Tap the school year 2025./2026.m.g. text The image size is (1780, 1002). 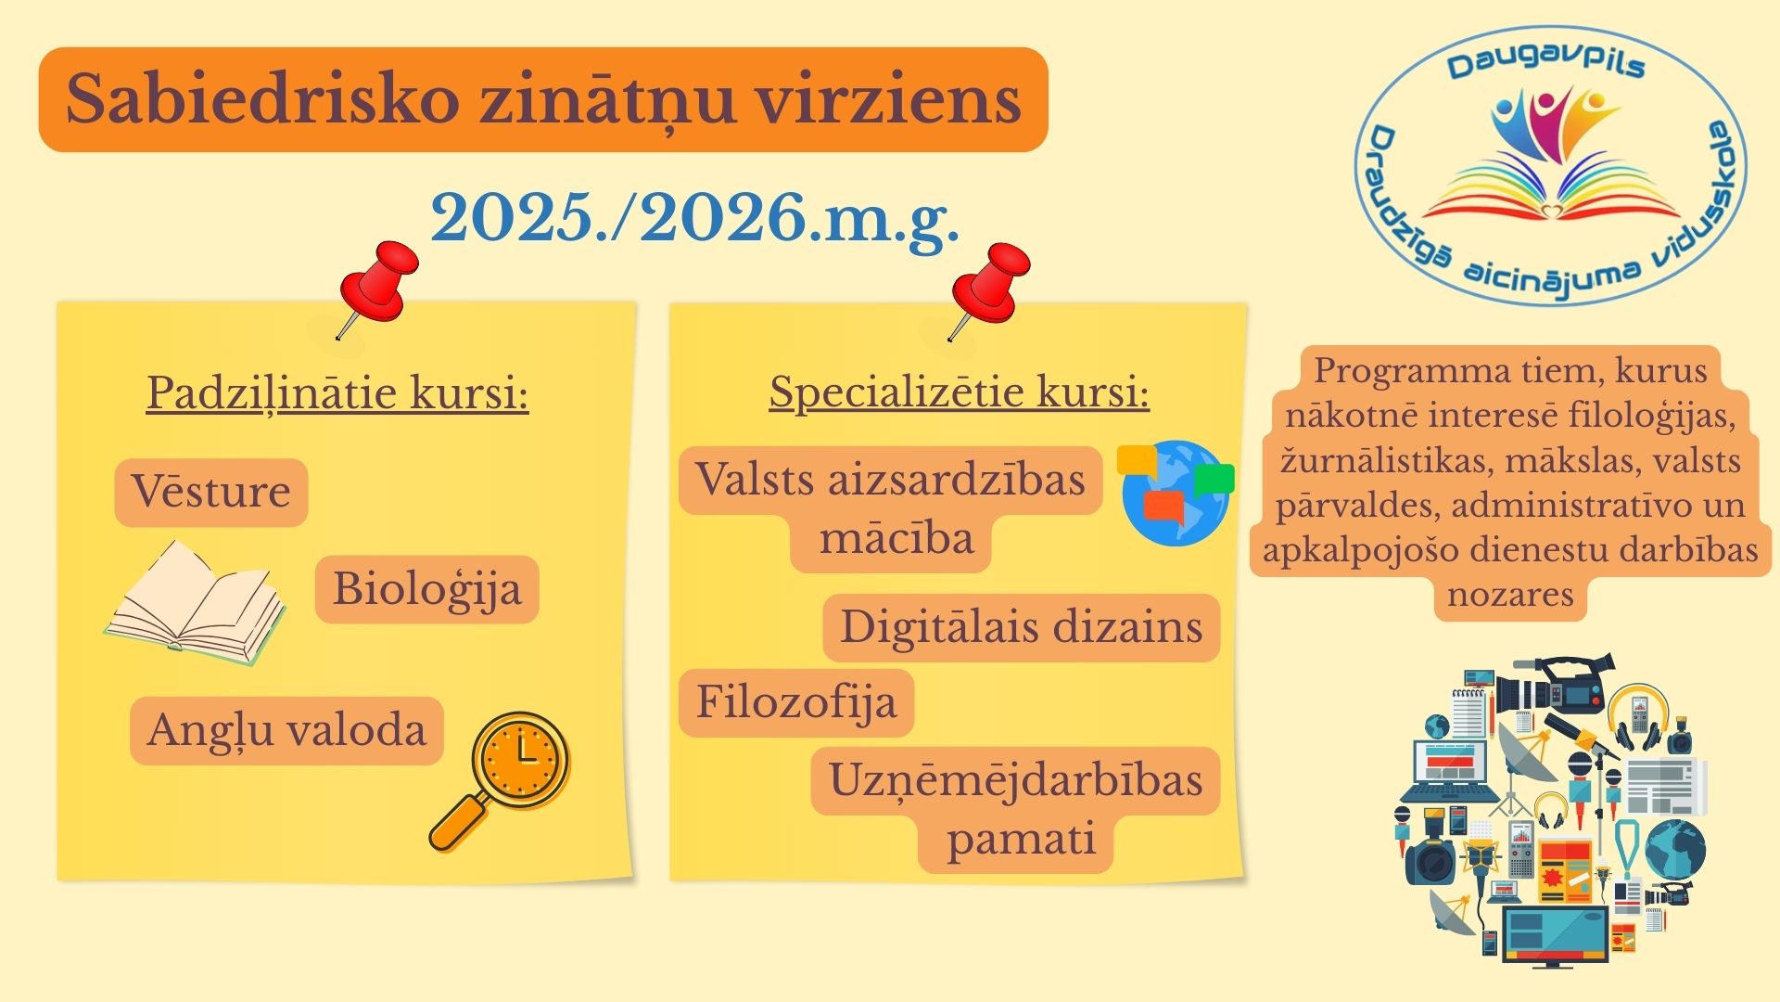coord(694,220)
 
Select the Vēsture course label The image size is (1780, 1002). coord(210,491)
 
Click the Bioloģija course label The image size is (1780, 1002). coord(426,590)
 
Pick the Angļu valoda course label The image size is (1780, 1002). coord(286,731)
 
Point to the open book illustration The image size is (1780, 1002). coord(196,603)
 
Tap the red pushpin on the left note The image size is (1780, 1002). coord(375,288)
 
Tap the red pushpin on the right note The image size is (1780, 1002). coord(987,289)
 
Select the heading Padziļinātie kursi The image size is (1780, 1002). coord(337,393)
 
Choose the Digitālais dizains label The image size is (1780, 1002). coord(1021,627)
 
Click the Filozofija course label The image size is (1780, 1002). coord(796,703)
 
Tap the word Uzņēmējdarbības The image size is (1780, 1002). coord(1015,780)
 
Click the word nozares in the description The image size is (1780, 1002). coord(1510,595)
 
